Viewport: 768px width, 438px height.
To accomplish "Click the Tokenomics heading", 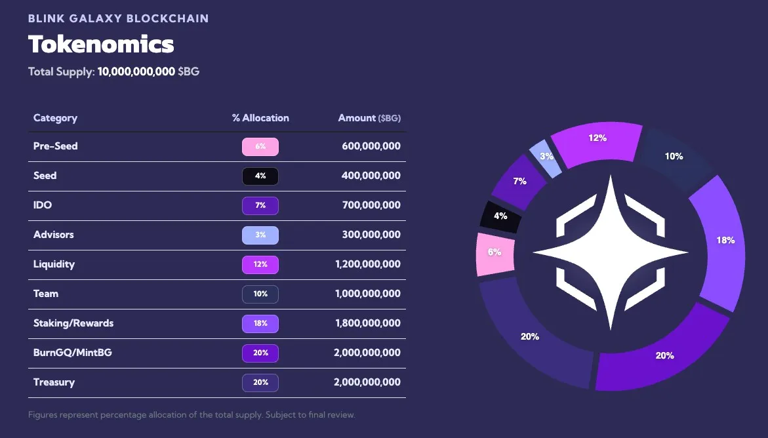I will tap(101, 44).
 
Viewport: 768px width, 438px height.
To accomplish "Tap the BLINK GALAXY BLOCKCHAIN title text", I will tap(118, 18).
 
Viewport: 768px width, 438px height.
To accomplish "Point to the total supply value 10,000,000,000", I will tap(136, 71).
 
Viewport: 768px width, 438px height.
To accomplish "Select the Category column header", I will tap(55, 118).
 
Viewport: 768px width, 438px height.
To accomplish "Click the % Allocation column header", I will tap(260, 118).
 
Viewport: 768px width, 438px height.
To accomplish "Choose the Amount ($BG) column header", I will tap(369, 118).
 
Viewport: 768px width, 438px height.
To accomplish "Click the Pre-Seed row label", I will tap(55, 146).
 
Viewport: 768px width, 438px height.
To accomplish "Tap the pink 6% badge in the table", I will tap(260, 147).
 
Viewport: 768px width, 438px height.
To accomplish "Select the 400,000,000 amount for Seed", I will tap(371, 176).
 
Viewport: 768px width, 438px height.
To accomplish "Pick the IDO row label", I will tap(43, 205).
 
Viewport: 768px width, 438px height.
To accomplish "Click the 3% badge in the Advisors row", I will tap(260, 235).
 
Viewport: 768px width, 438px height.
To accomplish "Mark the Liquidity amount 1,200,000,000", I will tap(367, 264).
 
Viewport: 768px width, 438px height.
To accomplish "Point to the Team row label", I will tap(46, 294).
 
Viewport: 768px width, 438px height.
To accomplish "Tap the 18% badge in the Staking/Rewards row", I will tap(260, 324).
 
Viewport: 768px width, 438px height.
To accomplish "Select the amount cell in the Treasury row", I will tap(367, 382).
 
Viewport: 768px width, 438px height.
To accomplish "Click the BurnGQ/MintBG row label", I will tap(72, 353).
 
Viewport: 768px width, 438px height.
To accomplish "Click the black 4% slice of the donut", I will tap(501, 216).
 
